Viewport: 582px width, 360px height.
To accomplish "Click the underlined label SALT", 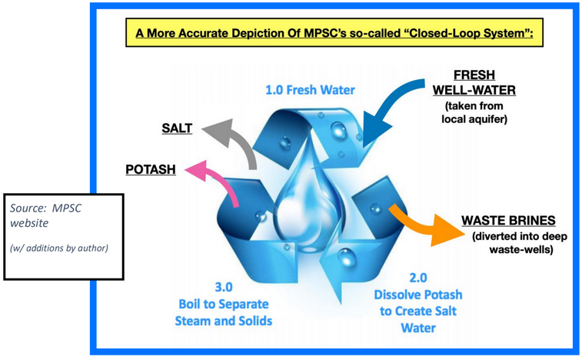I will (x=177, y=128).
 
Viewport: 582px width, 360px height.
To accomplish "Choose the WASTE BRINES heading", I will (x=510, y=221).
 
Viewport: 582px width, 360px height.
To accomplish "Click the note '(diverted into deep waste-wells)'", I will (x=512, y=242).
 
